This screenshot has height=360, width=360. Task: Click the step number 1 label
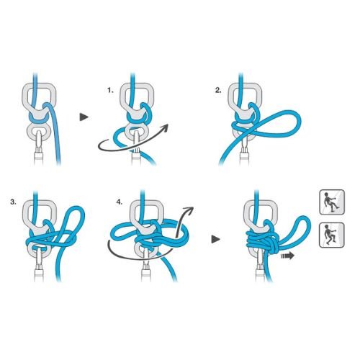110,91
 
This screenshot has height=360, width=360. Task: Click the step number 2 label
218,91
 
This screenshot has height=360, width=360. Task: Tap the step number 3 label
14,202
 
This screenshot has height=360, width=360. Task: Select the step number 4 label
119,202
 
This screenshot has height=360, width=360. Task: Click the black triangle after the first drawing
84,117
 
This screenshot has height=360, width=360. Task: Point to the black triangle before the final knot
215,239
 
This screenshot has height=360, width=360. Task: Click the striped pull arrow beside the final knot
287,256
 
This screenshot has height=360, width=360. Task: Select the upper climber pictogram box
332,202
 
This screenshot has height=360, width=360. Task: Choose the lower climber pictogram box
332,235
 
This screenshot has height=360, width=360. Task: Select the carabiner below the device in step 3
40,265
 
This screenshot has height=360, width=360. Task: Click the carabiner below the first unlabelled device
38,149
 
